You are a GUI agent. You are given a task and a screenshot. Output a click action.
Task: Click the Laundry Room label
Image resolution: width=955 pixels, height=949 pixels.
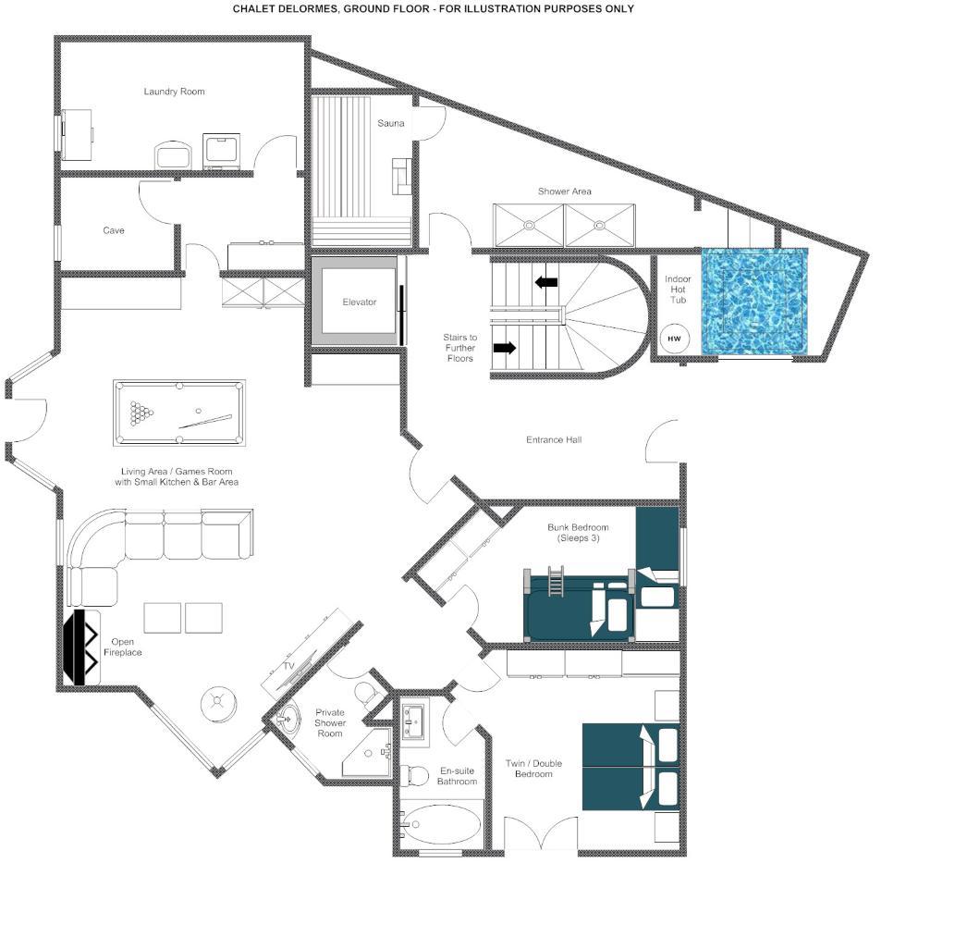(x=174, y=92)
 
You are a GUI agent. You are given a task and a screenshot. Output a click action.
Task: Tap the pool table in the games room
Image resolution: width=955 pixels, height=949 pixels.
(x=179, y=413)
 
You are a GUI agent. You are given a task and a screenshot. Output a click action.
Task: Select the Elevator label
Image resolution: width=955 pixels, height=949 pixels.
(x=360, y=302)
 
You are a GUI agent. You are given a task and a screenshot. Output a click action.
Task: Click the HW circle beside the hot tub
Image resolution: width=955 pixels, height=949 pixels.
(x=674, y=339)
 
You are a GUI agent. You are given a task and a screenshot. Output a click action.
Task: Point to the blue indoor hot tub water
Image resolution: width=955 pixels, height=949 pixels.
(x=755, y=302)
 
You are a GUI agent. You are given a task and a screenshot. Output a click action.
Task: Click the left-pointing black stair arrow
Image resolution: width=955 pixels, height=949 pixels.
(x=545, y=282)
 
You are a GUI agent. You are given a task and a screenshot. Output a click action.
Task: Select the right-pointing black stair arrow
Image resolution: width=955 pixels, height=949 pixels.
(x=504, y=348)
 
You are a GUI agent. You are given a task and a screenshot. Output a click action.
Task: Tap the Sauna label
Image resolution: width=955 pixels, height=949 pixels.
(x=391, y=123)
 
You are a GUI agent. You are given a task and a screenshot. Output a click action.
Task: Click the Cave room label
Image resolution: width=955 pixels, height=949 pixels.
(x=114, y=230)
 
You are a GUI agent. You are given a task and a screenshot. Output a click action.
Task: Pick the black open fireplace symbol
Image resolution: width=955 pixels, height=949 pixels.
(x=81, y=647)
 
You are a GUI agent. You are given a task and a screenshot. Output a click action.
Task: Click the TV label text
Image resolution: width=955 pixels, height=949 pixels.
(x=288, y=666)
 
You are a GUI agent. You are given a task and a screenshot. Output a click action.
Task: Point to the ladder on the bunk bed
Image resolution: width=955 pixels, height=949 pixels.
(x=556, y=582)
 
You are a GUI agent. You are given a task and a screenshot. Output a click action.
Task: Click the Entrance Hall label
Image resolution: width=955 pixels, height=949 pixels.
(x=554, y=439)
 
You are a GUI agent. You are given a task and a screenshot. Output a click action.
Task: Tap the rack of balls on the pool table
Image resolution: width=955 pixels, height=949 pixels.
(x=141, y=413)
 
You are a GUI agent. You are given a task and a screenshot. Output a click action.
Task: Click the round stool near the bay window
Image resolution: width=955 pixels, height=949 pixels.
(x=219, y=705)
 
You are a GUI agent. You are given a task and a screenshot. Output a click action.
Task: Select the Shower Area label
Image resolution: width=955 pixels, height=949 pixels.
(x=565, y=191)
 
